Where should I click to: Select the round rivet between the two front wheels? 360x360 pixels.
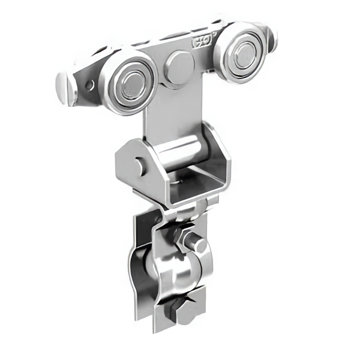(x=178, y=67)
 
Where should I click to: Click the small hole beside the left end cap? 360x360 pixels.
(x=89, y=85)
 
